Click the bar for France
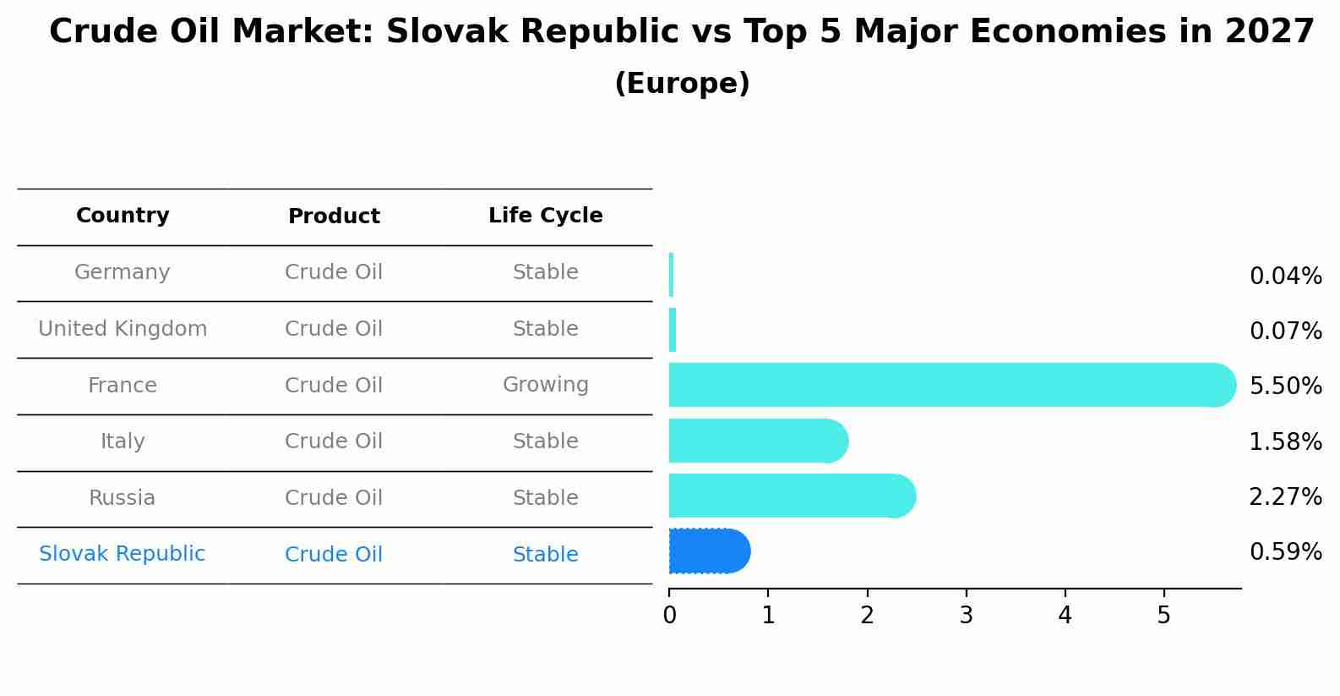pyautogui.click(x=952, y=385)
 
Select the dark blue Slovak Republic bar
pyautogui.click(x=710, y=551)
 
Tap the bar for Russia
pyautogui.click(x=793, y=496)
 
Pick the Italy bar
pyautogui.click(x=759, y=441)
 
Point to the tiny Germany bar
pyautogui.click(x=671, y=274)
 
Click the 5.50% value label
pyautogui.click(x=1286, y=386)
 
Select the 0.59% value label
pyautogui.click(x=1286, y=551)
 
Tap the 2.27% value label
pyautogui.click(x=1286, y=496)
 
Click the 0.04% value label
pyautogui.click(x=1286, y=276)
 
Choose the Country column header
pyautogui.click(x=123, y=215)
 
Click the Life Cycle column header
pyautogui.click(x=546, y=215)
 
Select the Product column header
pyautogui.click(x=334, y=216)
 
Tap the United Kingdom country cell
pyautogui.click(x=123, y=328)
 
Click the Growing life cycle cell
pyautogui.click(x=546, y=385)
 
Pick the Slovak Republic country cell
pyautogui.click(x=122, y=553)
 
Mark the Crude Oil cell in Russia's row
pyautogui.click(x=334, y=497)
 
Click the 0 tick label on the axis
pyautogui.click(x=669, y=615)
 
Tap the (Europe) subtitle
pyautogui.click(x=682, y=83)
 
